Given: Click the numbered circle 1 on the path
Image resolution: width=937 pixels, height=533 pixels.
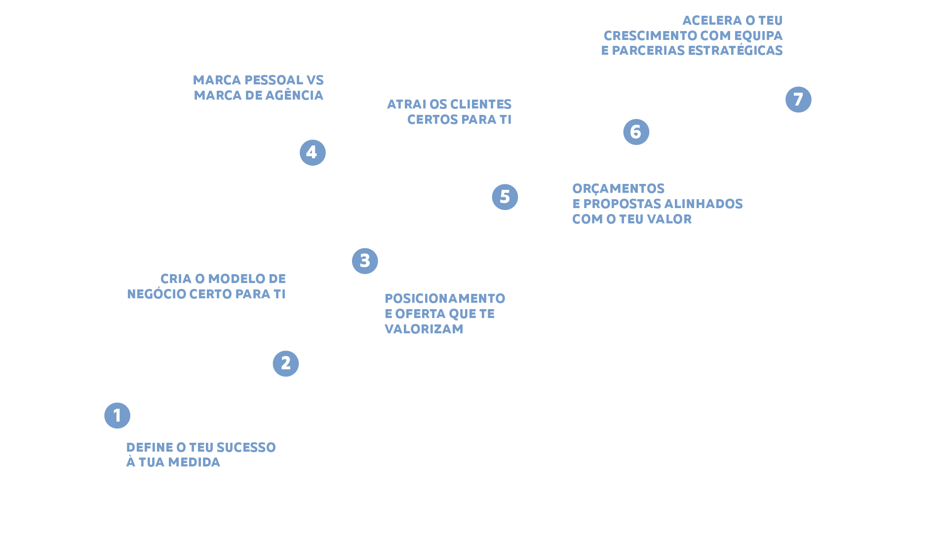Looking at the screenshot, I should pyautogui.click(x=117, y=415).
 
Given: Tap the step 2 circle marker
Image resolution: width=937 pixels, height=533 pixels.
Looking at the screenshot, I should pyautogui.click(x=285, y=363).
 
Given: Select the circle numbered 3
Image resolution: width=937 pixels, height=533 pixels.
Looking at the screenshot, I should pyautogui.click(x=365, y=261).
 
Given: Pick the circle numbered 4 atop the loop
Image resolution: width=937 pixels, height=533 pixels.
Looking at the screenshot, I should pyautogui.click(x=312, y=152).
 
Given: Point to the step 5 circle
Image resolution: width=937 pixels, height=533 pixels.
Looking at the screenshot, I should pyautogui.click(x=505, y=197).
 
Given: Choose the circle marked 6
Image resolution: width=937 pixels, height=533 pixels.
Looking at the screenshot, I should pyautogui.click(x=635, y=132).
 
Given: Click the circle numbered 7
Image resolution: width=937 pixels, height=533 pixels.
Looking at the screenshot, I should pyautogui.click(x=798, y=99).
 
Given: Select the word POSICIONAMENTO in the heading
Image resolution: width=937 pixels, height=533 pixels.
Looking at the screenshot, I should pyautogui.click(x=445, y=298).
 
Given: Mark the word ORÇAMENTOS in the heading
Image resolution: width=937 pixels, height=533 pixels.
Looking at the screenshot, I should pyautogui.click(x=618, y=188).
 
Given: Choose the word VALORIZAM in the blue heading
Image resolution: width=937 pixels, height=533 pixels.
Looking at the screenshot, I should pyautogui.click(x=424, y=329).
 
